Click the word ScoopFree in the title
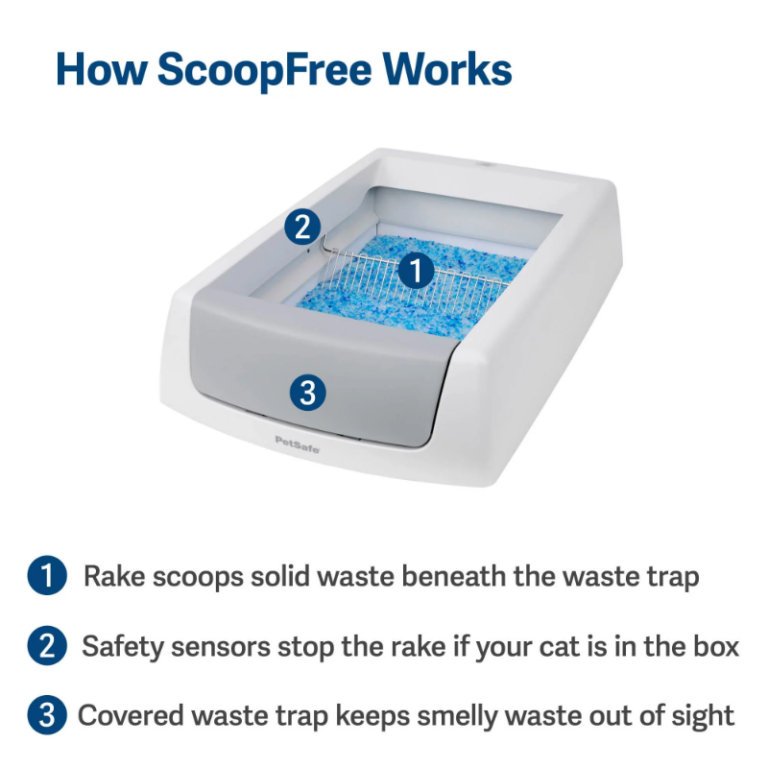[x=265, y=70]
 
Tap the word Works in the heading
[x=447, y=69]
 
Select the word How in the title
[x=102, y=69]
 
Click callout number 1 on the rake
[x=416, y=270]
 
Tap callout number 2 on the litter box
[x=302, y=227]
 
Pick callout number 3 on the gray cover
[x=307, y=393]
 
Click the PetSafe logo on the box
[x=297, y=444]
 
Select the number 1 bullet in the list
[x=47, y=575]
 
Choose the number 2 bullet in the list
[x=47, y=645]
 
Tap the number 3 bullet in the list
[x=47, y=715]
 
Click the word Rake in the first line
[x=114, y=575]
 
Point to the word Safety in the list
[x=123, y=647]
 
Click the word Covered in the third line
[x=131, y=715]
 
